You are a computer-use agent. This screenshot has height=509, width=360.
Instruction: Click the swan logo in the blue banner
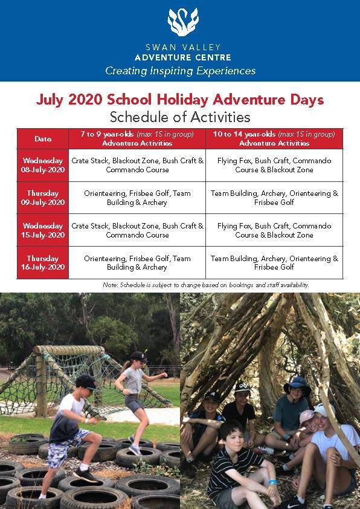[x=182, y=22]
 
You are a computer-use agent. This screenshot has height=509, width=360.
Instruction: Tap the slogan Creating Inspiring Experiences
[x=181, y=71]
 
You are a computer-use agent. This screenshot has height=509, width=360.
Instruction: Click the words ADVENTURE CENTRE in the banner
[x=183, y=58]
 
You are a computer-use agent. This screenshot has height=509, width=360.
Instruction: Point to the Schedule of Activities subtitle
[x=180, y=117]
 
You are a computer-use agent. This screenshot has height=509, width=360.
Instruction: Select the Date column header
[x=43, y=138]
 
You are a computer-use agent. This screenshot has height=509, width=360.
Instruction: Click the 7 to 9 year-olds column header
[x=137, y=138]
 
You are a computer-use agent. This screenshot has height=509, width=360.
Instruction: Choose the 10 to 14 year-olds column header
[x=274, y=138]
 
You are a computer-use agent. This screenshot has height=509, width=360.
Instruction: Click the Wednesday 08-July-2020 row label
[x=43, y=165]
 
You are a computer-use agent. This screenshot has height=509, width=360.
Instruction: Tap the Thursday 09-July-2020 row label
[x=43, y=198]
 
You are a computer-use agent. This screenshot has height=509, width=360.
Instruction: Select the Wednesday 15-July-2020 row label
[x=43, y=230]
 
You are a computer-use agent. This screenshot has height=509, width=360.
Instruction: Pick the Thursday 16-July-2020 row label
[x=43, y=262]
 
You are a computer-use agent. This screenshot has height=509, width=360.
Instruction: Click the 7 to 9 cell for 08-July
[x=137, y=165]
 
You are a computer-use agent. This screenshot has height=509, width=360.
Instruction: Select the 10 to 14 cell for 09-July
[x=274, y=198]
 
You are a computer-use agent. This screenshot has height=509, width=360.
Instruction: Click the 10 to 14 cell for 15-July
[x=274, y=230]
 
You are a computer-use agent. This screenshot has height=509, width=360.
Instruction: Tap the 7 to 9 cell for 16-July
[x=137, y=262]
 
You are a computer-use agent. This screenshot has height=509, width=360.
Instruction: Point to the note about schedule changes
[x=206, y=285]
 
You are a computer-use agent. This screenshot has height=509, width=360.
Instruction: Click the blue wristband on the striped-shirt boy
[x=273, y=482]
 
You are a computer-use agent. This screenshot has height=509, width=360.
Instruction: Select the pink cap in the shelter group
[x=307, y=417]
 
